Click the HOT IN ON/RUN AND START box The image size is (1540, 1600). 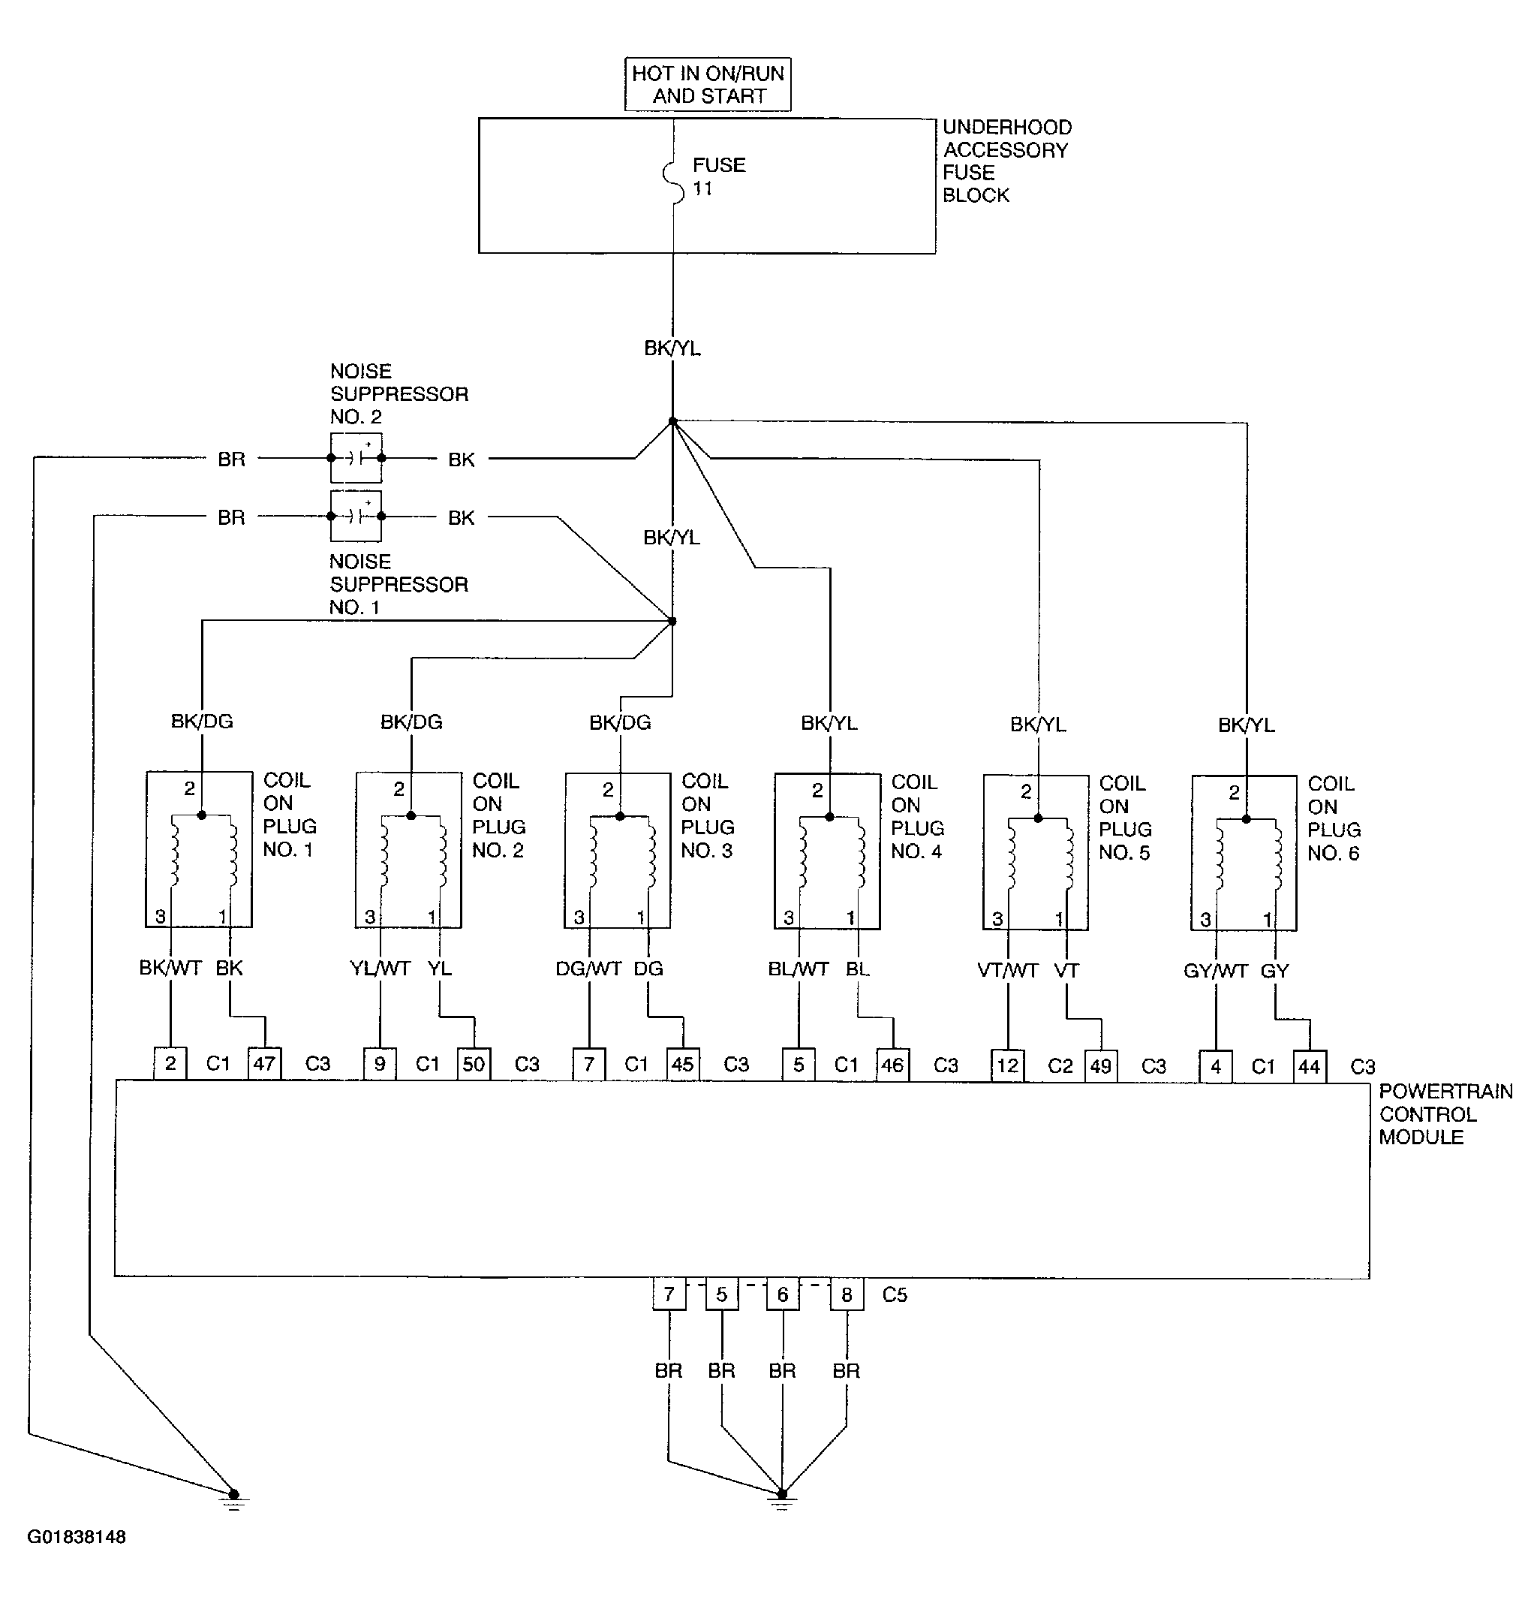pyautogui.click(x=708, y=84)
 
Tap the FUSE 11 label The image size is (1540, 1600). pyautogui.click(x=718, y=176)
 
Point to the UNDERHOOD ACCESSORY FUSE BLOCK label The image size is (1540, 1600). pyautogui.click(x=1006, y=161)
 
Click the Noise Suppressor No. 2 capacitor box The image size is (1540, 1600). pyautogui.click(x=356, y=458)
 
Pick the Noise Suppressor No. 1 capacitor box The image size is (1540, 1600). pyautogui.click(x=356, y=516)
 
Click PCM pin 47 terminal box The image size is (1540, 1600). pyautogui.click(x=264, y=1064)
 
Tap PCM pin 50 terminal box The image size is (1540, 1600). pyautogui.click(x=474, y=1064)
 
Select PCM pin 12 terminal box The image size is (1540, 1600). pyautogui.click(x=1008, y=1065)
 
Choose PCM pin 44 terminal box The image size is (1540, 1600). pyautogui.click(x=1309, y=1066)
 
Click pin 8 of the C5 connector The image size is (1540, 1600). pyautogui.click(x=847, y=1294)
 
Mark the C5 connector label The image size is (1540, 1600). pyautogui.click(x=895, y=1294)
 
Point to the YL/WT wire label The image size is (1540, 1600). pyautogui.click(x=380, y=968)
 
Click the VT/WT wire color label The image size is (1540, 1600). pyautogui.click(x=1007, y=971)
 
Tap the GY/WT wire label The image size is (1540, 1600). pyautogui.click(x=1215, y=971)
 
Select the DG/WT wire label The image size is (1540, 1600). pyautogui.click(x=588, y=969)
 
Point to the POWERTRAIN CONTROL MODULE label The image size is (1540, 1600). pyautogui.click(x=1445, y=1113)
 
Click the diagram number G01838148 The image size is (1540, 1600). pyautogui.click(x=77, y=1537)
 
